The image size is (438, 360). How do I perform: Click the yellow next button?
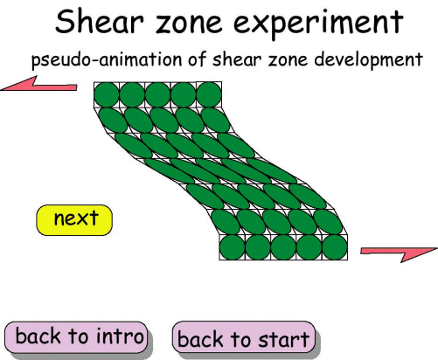[74, 219]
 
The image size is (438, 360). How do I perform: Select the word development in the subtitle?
[367, 61]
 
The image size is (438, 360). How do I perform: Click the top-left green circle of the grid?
[107, 93]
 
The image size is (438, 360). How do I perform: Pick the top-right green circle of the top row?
[210, 93]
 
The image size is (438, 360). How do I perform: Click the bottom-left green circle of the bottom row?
[232, 247]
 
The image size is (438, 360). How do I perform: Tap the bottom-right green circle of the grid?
[335, 247]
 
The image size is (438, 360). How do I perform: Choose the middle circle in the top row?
[158, 93]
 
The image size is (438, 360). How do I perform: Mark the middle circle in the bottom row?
[283, 247]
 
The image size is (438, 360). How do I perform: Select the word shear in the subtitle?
[223, 61]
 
